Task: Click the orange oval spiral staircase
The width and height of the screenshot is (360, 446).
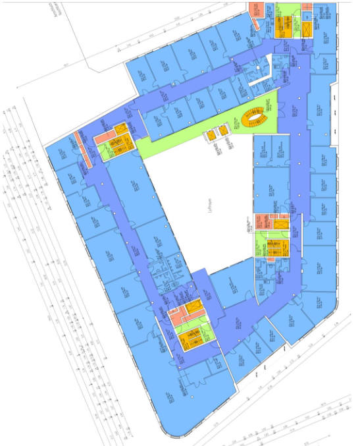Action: pyautogui.click(x=254, y=118)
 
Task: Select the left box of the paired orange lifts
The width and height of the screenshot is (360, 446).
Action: pyautogui.click(x=210, y=135)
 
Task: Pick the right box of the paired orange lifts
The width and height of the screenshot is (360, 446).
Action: pyautogui.click(x=223, y=130)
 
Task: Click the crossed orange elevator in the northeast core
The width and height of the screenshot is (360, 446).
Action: pyautogui.click(x=307, y=29)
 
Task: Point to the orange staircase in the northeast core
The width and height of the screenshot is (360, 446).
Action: pyautogui.click(x=288, y=26)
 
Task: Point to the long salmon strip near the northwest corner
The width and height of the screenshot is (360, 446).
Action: pyautogui.click(x=84, y=149)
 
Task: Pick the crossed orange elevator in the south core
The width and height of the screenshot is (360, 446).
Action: pyautogui.click(x=193, y=307)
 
